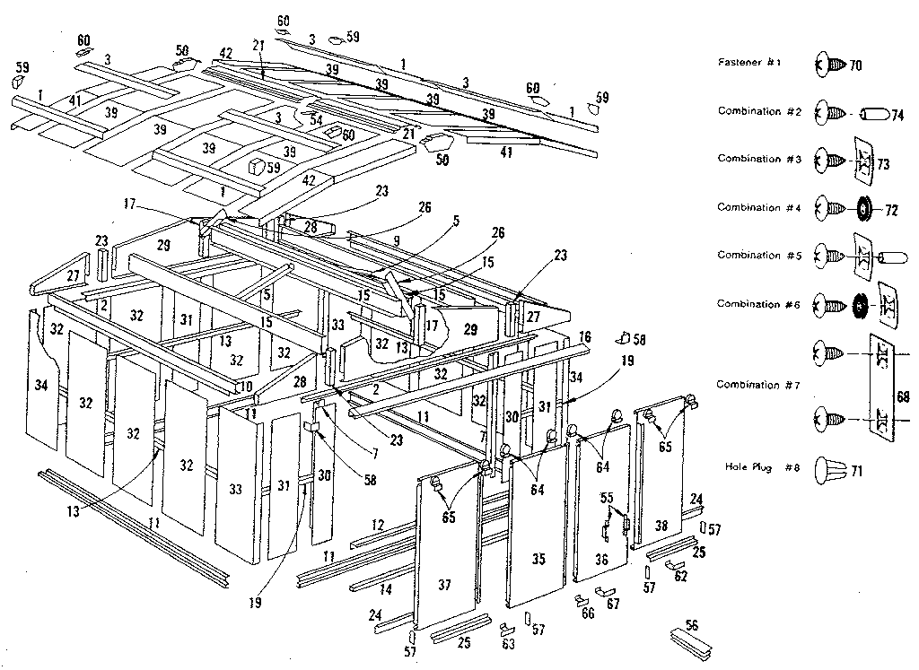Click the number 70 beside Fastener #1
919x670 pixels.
tap(854, 65)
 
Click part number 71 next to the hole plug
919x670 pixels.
tap(856, 471)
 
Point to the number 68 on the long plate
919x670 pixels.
tap(901, 395)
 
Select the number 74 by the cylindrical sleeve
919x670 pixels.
tap(896, 114)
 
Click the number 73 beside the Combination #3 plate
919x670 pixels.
tap(883, 165)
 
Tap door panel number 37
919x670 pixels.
tap(445, 586)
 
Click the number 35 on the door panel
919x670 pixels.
tap(538, 560)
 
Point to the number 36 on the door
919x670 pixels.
tap(601, 558)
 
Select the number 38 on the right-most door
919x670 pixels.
tap(661, 526)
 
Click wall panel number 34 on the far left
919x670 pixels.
tap(40, 386)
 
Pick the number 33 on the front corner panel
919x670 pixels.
tap(236, 490)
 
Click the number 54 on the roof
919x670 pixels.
tap(316, 119)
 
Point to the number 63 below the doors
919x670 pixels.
tap(510, 643)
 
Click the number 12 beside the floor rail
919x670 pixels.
tap(377, 524)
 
